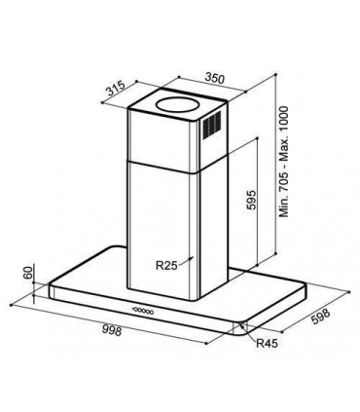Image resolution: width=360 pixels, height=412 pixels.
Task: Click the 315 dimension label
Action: tap(115, 85)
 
